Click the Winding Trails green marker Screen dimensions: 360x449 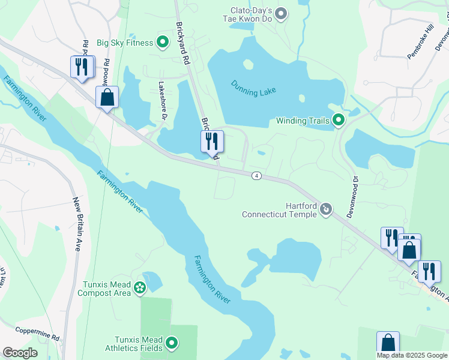339,121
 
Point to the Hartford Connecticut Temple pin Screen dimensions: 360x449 326,209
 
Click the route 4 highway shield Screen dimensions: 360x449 257,175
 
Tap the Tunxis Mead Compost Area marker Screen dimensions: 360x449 140,288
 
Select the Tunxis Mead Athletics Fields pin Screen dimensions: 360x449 172,343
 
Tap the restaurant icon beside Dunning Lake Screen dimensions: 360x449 212,142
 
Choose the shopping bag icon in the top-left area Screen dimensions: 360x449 107,97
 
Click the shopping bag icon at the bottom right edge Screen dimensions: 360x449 388,343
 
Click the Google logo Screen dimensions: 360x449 20,353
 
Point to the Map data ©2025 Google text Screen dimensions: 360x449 412,355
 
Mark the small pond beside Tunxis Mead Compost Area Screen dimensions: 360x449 152,280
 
